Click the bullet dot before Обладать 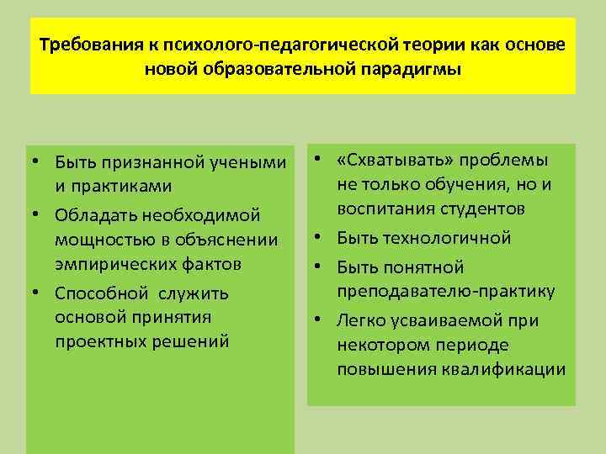pyautogui.click(x=38, y=214)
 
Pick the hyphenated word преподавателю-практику pyautogui.click(x=445, y=292)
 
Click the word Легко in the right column pyautogui.click(x=360, y=320)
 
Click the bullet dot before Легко pyautogui.click(x=321, y=320)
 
